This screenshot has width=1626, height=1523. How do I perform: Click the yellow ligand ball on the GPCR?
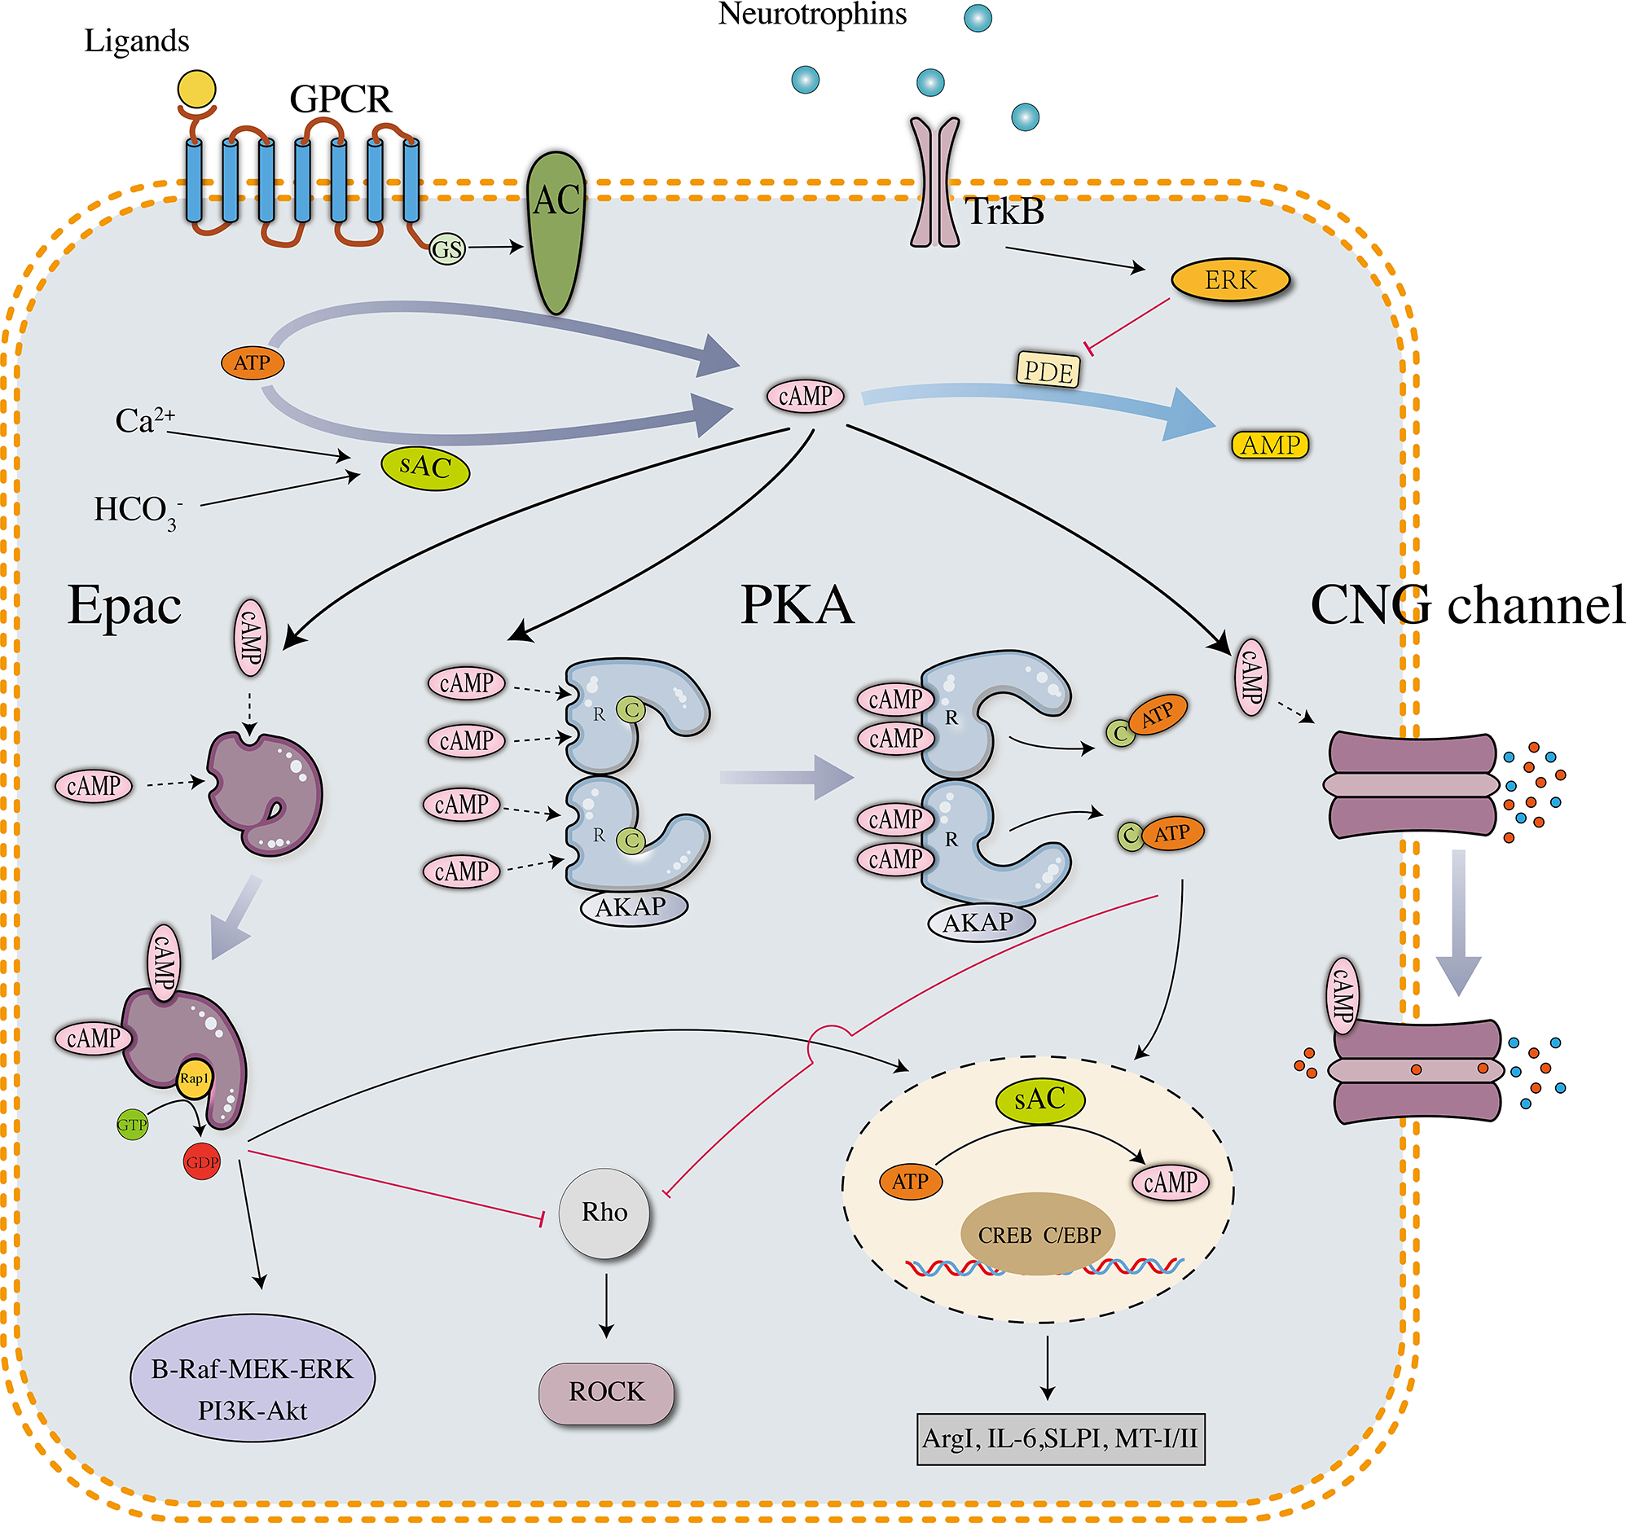pyautogui.click(x=196, y=89)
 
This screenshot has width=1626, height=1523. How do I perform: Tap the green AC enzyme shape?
pyautogui.click(x=556, y=233)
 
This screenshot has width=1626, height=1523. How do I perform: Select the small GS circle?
pyautogui.click(x=447, y=249)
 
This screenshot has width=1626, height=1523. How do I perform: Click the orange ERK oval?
pyautogui.click(x=1230, y=280)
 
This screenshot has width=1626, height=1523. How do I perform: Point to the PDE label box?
pyautogui.click(x=1048, y=371)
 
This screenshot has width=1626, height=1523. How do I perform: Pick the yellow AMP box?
pyautogui.click(x=1270, y=445)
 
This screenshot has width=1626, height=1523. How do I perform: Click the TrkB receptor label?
pyautogui.click(x=1004, y=212)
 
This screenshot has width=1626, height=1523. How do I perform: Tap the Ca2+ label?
pyautogui.click(x=144, y=420)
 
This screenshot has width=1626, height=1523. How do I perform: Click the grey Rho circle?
pyautogui.click(x=604, y=1213)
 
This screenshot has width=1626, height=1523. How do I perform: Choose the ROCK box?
pyautogui.click(x=606, y=1392)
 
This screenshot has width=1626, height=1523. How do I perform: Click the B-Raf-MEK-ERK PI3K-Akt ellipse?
pyautogui.click(x=252, y=1377)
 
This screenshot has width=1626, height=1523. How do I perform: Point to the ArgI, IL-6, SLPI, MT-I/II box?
pyautogui.click(x=1060, y=1438)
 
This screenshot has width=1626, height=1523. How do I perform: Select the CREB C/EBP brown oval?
pyautogui.click(x=1038, y=1234)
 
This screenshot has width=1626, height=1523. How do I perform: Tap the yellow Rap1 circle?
pyautogui.click(x=195, y=1079)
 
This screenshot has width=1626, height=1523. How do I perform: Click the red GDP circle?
pyautogui.click(x=202, y=1161)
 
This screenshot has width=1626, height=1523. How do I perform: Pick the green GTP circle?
pyautogui.click(x=133, y=1125)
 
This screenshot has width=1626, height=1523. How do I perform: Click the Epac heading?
pyautogui.click(x=125, y=606)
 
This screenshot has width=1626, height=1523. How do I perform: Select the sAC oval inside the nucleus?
pyautogui.click(x=1039, y=1099)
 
